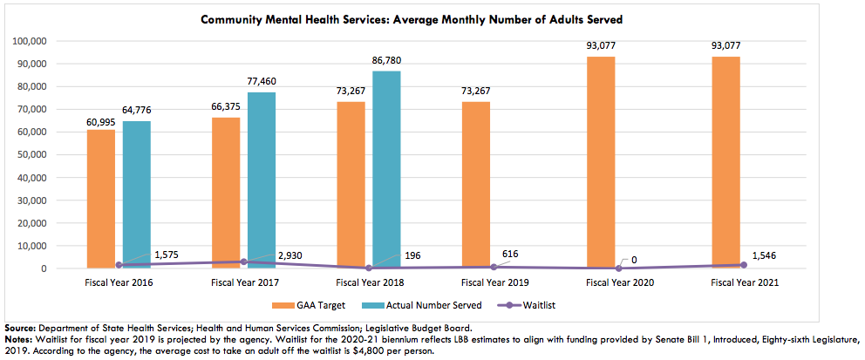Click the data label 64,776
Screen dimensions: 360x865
(x=137, y=111)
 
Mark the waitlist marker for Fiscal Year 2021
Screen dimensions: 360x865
(x=744, y=265)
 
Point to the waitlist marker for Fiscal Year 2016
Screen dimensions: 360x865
(x=119, y=265)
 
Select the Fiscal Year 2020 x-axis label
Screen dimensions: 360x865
(x=619, y=282)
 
